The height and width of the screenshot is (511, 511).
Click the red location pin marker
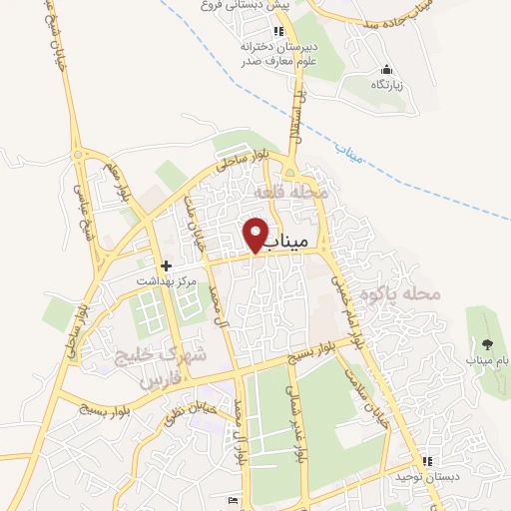256,234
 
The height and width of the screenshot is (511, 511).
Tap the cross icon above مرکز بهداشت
168,266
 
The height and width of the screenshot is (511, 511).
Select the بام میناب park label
486,359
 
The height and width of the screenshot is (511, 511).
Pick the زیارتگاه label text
388,86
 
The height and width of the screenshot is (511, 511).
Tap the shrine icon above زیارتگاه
388,70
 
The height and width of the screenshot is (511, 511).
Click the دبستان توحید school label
428,477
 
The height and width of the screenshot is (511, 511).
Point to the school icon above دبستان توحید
428,461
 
